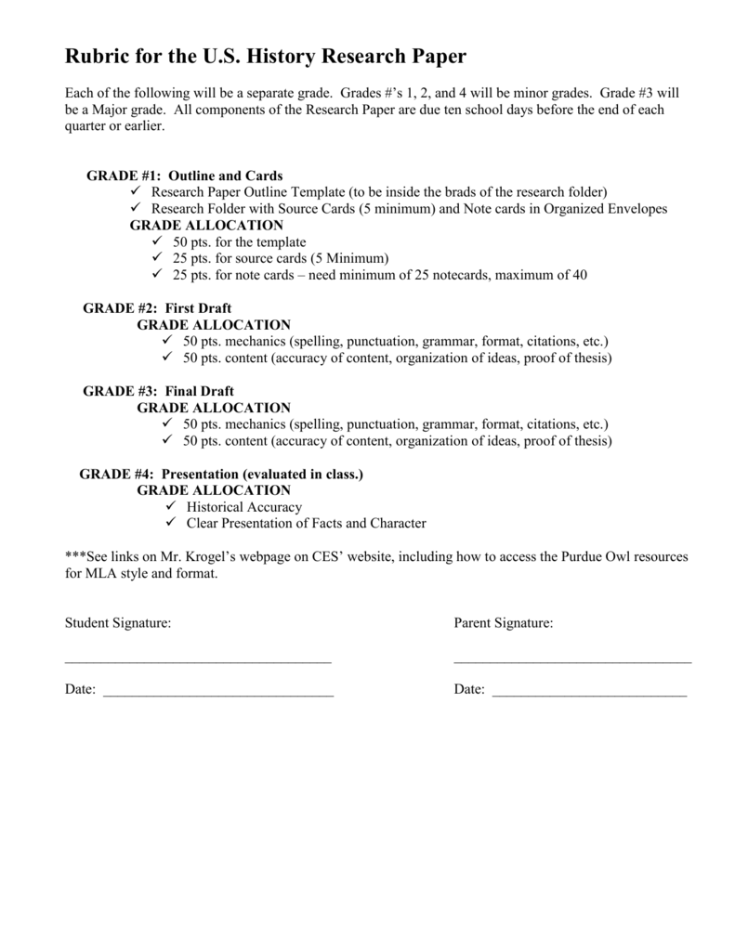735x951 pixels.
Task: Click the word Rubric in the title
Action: tap(97, 58)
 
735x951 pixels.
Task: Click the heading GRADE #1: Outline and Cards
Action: tap(184, 176)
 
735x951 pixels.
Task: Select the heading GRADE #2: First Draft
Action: tap(157, 308)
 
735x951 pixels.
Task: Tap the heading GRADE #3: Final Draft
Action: tap(158, 391)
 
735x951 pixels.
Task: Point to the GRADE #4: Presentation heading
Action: tap(221, 474)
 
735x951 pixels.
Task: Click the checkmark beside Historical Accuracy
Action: tap(170, 507)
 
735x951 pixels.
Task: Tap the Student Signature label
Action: tap(118, 623)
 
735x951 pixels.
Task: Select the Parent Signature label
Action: tap(504, 623)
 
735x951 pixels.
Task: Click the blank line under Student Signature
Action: tap(198, 661)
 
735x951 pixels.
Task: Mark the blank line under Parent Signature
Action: tap(572, 661)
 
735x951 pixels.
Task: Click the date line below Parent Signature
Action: tap(589, 695)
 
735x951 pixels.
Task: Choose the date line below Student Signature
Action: tap(217, 695)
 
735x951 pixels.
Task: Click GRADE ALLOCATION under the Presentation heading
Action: tap(214, 490)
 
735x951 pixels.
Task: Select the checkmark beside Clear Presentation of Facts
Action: tap(170, 524)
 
